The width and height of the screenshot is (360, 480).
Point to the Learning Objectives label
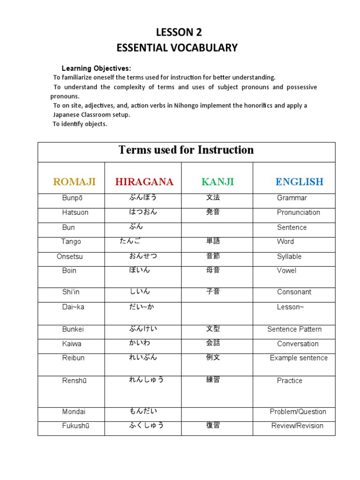97,68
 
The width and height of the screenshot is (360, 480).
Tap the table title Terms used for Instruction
186,150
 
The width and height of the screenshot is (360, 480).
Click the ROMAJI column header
75,182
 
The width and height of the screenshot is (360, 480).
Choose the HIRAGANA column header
144,182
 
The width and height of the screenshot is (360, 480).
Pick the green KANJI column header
217,182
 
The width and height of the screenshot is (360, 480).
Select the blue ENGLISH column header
300,182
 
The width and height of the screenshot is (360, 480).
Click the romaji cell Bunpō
72,198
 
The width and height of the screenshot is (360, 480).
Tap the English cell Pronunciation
299,212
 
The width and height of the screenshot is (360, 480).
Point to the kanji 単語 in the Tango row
213,241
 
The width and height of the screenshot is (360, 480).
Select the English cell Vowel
286,270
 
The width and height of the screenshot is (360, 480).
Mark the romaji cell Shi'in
71,292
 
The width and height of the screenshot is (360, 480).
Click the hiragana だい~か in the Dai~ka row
142,307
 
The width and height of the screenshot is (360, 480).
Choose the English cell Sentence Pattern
294,329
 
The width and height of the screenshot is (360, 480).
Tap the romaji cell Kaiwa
72,344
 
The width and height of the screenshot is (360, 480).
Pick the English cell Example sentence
299,358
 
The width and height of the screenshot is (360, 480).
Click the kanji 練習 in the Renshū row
213,380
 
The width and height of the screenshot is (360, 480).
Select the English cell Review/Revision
297,426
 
